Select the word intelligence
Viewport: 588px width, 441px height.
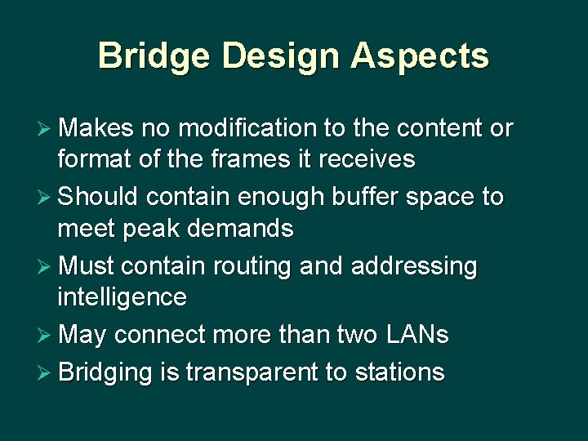point(121,296)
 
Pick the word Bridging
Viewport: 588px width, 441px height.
point(104,372)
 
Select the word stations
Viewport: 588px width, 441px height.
point(399,372)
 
